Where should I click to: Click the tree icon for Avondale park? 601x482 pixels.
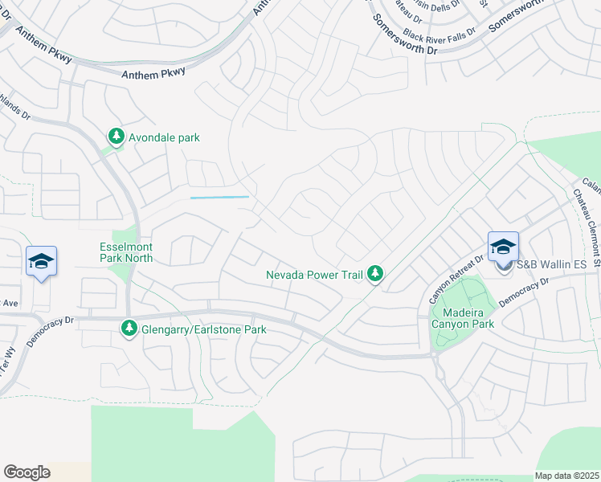(117, 137)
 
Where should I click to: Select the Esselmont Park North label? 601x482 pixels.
(126, 252)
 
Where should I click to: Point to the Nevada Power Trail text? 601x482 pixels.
(315, 275)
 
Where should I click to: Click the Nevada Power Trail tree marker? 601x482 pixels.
(374, 275)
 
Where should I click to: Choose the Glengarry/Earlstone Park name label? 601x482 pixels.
(203, 329)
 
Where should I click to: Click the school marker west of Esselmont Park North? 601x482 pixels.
(41, 261)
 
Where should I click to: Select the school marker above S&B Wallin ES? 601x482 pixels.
(503, 247)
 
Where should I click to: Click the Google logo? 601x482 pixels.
(27, 472)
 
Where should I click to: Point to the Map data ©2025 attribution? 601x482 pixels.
(566, 476)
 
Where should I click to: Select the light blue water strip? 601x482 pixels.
(219, 197)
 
